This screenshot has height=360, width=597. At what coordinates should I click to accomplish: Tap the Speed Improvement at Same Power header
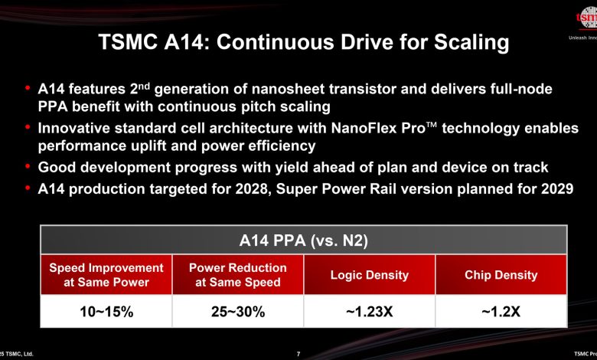(x=106, y=275)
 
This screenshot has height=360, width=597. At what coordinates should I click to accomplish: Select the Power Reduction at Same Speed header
(x=238, y=275)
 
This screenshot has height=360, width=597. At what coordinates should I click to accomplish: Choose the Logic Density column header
(x=370, y=275)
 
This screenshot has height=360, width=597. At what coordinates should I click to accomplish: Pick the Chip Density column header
(x=501, y=275)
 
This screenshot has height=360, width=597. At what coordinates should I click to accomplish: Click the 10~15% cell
(x=106, y=312)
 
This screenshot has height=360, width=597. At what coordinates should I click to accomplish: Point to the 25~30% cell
(x=238, y=312)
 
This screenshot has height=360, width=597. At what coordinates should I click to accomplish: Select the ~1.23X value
(x=370, y=312)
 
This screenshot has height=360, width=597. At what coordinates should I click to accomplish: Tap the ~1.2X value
(x=501, y=312)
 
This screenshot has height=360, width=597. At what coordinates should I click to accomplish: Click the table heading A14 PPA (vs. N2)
(x=304, y=241)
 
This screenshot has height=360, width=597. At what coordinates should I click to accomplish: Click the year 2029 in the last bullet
(x=555, y=188)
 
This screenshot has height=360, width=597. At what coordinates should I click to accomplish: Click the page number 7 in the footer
(x=298, y=354)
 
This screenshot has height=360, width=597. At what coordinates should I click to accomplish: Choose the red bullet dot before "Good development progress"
(x=28, y=166)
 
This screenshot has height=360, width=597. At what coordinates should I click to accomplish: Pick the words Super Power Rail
(x=334, y=188)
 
